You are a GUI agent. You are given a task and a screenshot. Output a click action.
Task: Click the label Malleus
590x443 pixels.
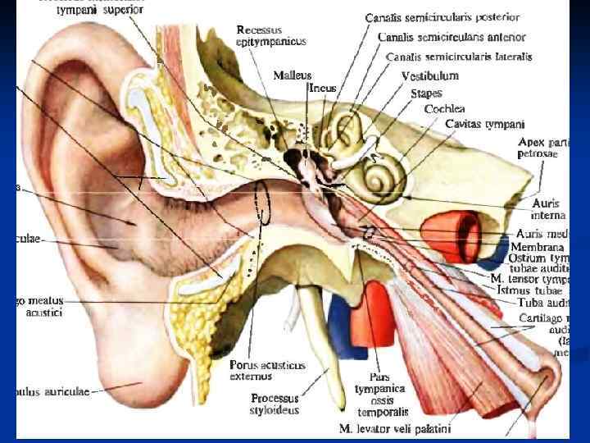pos(293,75)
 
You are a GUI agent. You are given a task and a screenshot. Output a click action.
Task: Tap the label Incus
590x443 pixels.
pos(322,87)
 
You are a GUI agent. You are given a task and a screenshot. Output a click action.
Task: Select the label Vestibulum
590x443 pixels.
pos(429,75)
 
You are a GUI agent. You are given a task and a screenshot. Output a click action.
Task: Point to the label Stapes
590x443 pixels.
pos(426,94)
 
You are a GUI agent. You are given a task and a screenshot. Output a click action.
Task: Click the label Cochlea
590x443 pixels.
pos(444,108)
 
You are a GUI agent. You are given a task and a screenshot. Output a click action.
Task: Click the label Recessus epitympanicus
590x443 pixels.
pos(270,35)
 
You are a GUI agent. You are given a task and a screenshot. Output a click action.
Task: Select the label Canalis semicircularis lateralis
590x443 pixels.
pos(460,57)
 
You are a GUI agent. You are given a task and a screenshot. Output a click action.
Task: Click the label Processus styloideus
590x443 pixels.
pos(275,404)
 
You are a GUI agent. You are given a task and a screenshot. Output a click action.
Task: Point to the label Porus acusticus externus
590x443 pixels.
pos(268,371)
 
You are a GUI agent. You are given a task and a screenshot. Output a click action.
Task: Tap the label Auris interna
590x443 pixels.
pos(547,208)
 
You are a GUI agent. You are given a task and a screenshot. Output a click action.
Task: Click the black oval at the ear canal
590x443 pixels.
pos(263,203)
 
